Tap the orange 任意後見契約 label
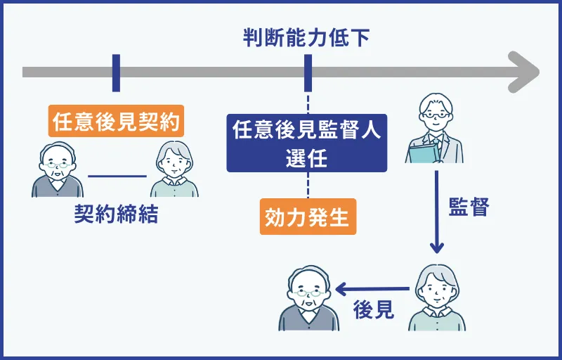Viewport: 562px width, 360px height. click(116, 122)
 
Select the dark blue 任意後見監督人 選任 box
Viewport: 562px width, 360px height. click(307, 143)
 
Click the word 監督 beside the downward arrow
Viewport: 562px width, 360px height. click(468, 207)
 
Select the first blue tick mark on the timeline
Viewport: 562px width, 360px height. click(116, 72)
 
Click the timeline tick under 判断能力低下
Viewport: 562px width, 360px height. click(307, 72)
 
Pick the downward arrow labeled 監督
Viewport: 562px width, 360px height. click(436, 211)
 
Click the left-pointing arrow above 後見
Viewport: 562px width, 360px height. click(372, 288)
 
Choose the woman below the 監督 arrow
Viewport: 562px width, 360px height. click(437, 299)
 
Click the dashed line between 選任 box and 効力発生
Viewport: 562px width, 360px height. click(307, 186)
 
